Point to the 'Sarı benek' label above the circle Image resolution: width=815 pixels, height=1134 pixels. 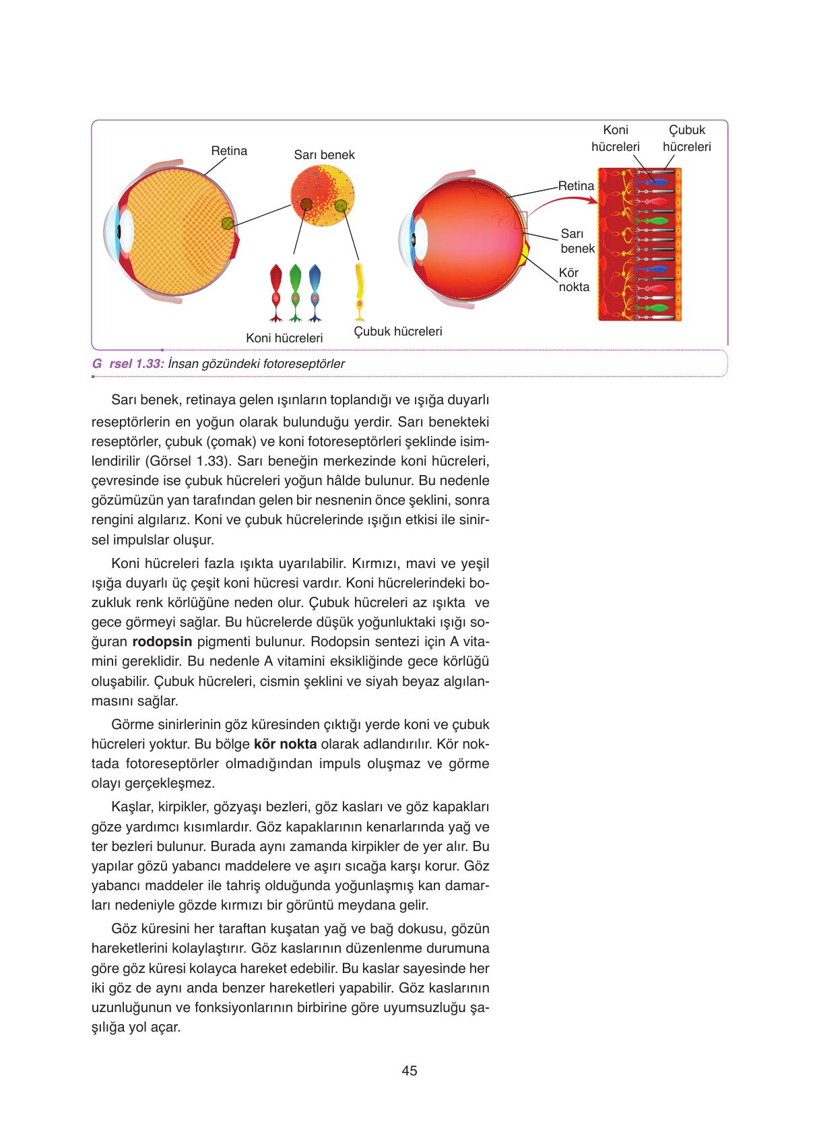click(324, 155)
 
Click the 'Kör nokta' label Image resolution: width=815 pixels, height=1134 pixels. click(574, 280)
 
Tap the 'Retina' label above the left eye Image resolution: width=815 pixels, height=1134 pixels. click(229, 151)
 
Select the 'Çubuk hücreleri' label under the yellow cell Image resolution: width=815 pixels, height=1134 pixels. click(398, 332)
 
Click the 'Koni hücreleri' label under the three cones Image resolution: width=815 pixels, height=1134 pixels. click(284, 338)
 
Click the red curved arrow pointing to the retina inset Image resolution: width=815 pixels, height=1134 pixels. click(562, 201)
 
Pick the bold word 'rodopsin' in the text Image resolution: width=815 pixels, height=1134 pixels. click(162, 641)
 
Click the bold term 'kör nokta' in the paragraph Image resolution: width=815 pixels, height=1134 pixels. click(285, 745)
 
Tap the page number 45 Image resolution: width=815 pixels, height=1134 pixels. click(409, 1071)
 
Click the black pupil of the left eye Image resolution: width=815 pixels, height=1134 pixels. click(119, 230)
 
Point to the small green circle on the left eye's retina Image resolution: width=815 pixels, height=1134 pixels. click(228, 223)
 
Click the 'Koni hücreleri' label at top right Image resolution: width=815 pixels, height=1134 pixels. click(615, 138)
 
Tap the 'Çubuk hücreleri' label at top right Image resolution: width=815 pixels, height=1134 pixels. click(686, 138)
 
